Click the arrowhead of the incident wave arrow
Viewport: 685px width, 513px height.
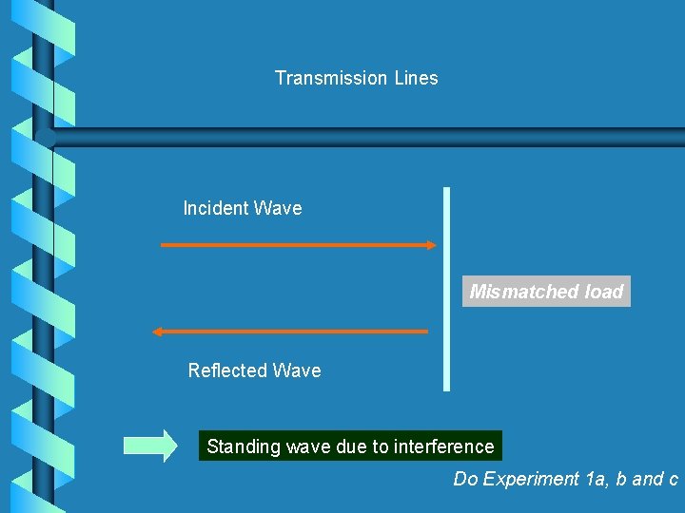[x=430, y=245]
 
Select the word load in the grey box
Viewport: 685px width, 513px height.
[x=603, y=292]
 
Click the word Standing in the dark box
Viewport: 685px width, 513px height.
[x=240, y=446]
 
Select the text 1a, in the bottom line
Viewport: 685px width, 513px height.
[x=598, y=479]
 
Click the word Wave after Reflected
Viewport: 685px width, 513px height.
[x=298, y=370]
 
